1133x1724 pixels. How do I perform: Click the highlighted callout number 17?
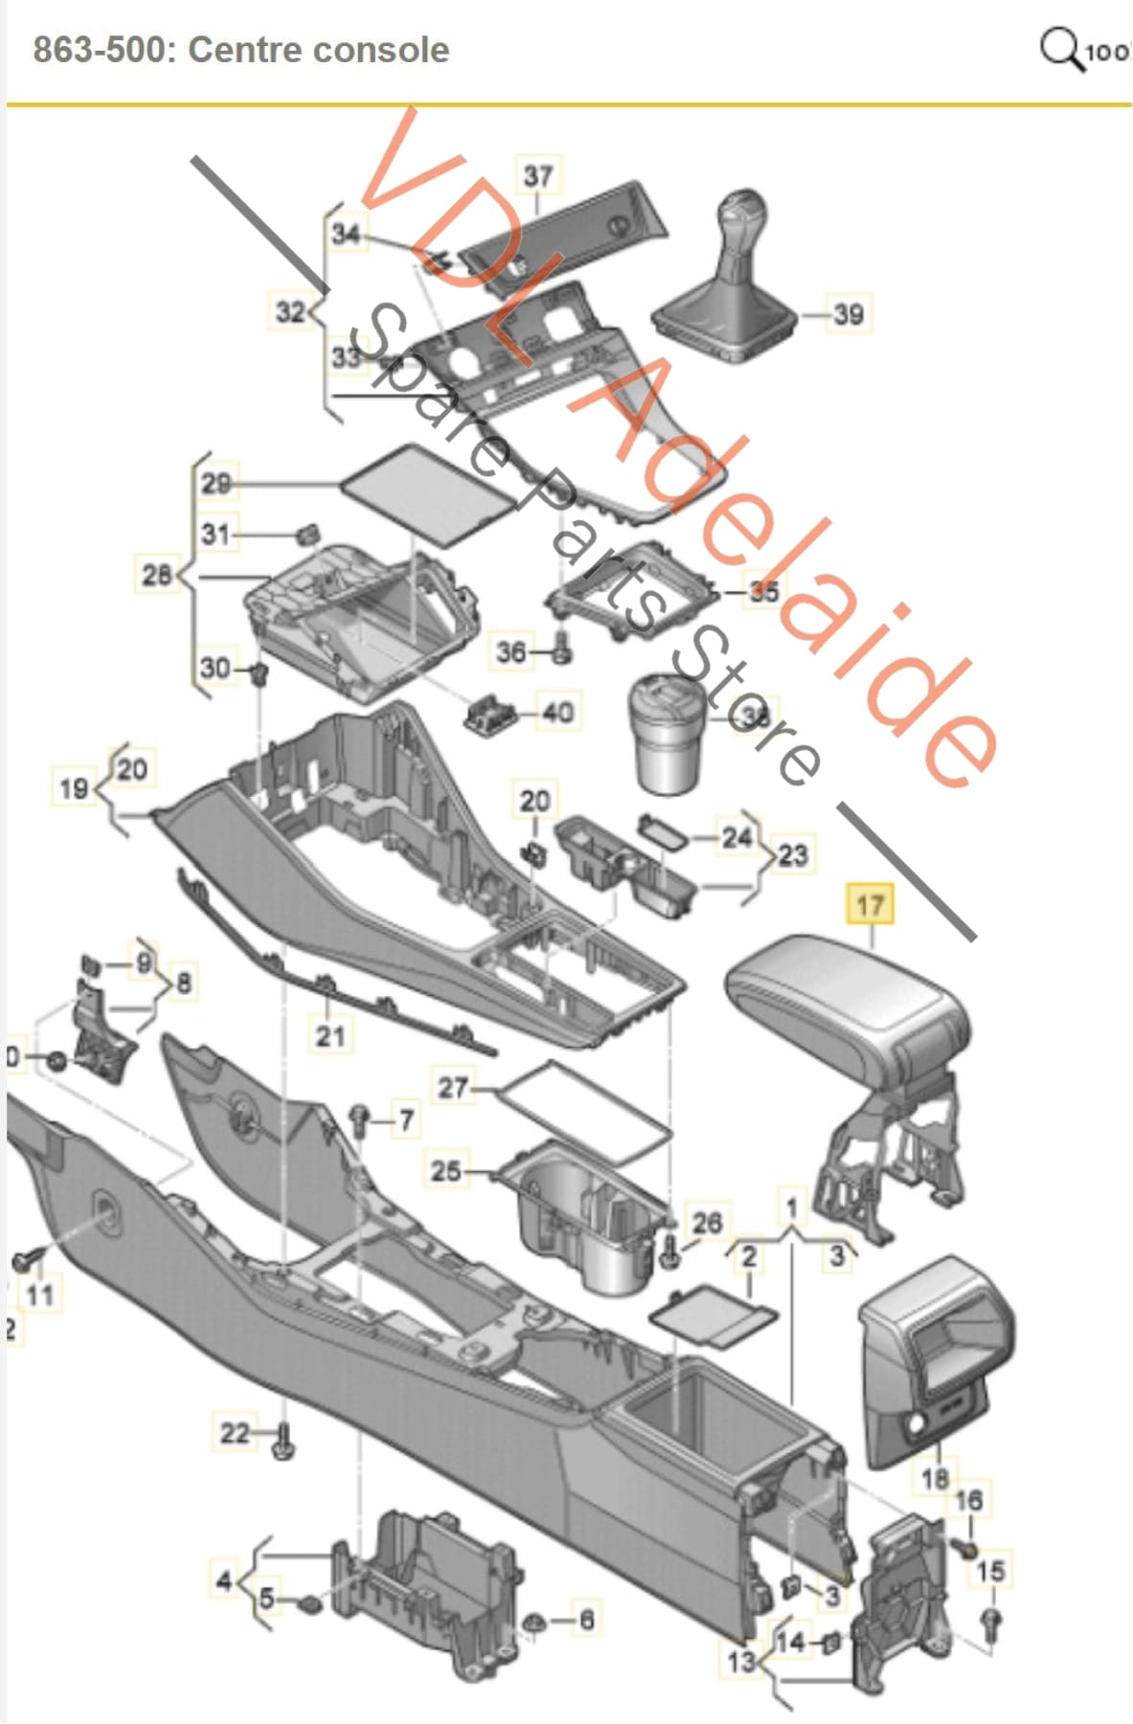click(x=869, y=905)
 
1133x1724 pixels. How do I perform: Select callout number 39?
click(x=848, y=314)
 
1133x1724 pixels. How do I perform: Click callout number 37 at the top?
click(x=537, y=176)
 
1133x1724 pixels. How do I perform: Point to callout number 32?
click(x=289, y=312)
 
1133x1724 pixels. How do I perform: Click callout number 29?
click(x=215, y=483)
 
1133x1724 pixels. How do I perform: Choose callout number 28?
click(x=156, y=576)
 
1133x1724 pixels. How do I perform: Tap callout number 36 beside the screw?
click(x=511, y=653)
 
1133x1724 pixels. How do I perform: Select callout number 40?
click(x=557, y=713)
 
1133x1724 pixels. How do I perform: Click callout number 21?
click(x=330, y=1035)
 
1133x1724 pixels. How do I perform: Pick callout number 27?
click(x=453, y=1088)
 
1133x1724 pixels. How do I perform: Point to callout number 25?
click(x=446, y=1170)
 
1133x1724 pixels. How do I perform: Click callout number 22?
click(x=234, y=1433)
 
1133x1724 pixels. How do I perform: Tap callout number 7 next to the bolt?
click(x=406, y=1120)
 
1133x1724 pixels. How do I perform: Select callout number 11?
click(x=39, y=1296)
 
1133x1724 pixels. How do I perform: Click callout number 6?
click(x=586, y=1620)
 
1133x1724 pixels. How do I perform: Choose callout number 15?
click(x=990, y=1572)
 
